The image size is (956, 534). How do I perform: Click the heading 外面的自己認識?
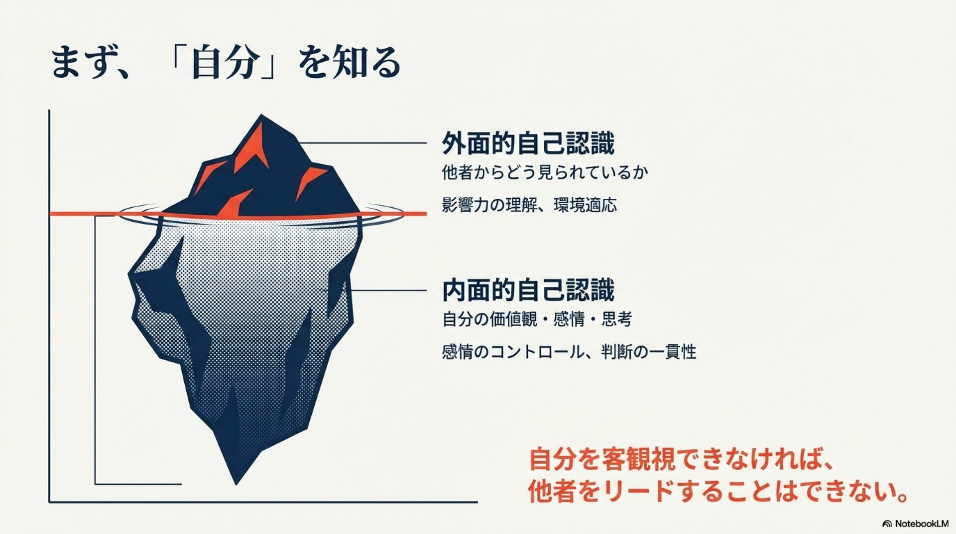pyautogui.click(x=528, y=143)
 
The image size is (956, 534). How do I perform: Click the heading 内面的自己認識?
pyautogui.click(x=528, y=290)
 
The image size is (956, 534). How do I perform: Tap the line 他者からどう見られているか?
pyautogui.click(x=545, y=172)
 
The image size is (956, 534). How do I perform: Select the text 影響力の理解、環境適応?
pyautogui.click(x=529, y=205)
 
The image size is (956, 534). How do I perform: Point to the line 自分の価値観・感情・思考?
pyautogui.click(x=537, y=319)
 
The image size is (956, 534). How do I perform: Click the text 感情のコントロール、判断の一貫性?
pyautogui.click(x=569, y=352)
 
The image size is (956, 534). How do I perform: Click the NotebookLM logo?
pyautogui.click(x=915, y=524)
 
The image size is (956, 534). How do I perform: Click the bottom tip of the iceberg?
pyautogui.click(x=236, y=482)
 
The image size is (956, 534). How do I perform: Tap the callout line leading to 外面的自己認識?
pyautogui.click(x=363, y=143)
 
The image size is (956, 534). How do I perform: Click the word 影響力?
pyautogui.click(x=466, y=205)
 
